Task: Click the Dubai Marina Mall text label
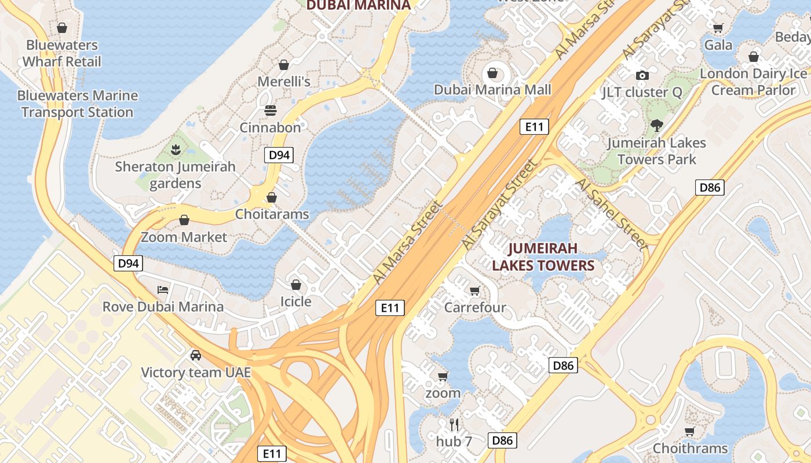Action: pyautogui.click(x=492, y=90)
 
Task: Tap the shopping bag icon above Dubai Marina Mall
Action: pyautogui.click(x=492, y=73)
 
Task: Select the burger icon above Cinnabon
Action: pyautogui.click(x=271, y=110)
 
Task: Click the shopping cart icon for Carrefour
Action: pyautogui.click(x=475, y=291)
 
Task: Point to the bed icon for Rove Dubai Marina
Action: pyautogui.click(x=163, y=289)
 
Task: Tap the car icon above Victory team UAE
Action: pyautogui.click(x=196, y=355)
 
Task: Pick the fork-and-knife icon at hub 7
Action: pyautogui.click(x=454, y=425)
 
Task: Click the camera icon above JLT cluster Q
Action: pyautogui.click(x=642, y=75)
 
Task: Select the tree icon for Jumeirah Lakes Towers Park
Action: pyautogui.click(x=657, y=125)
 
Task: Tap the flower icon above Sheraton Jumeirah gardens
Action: pyautogui.click(x=175, y=150)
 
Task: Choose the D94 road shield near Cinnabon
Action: pyautogui.click(x=279, y=155)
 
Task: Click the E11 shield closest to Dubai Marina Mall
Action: pyautogui.click(x=534, y=127)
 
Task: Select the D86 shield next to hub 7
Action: pyautogui.click(x=502, y=440)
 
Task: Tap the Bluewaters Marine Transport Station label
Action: pyautogui.click(x=78, y=104)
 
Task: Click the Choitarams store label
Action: pyautogui.click(x=272, y=214)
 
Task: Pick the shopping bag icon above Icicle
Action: pyautogui.click(x=295, y=285)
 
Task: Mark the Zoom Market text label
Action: pyautogui.click(x=184, y=237)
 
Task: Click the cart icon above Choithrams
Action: pyautogui.click(x=689, y=432)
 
